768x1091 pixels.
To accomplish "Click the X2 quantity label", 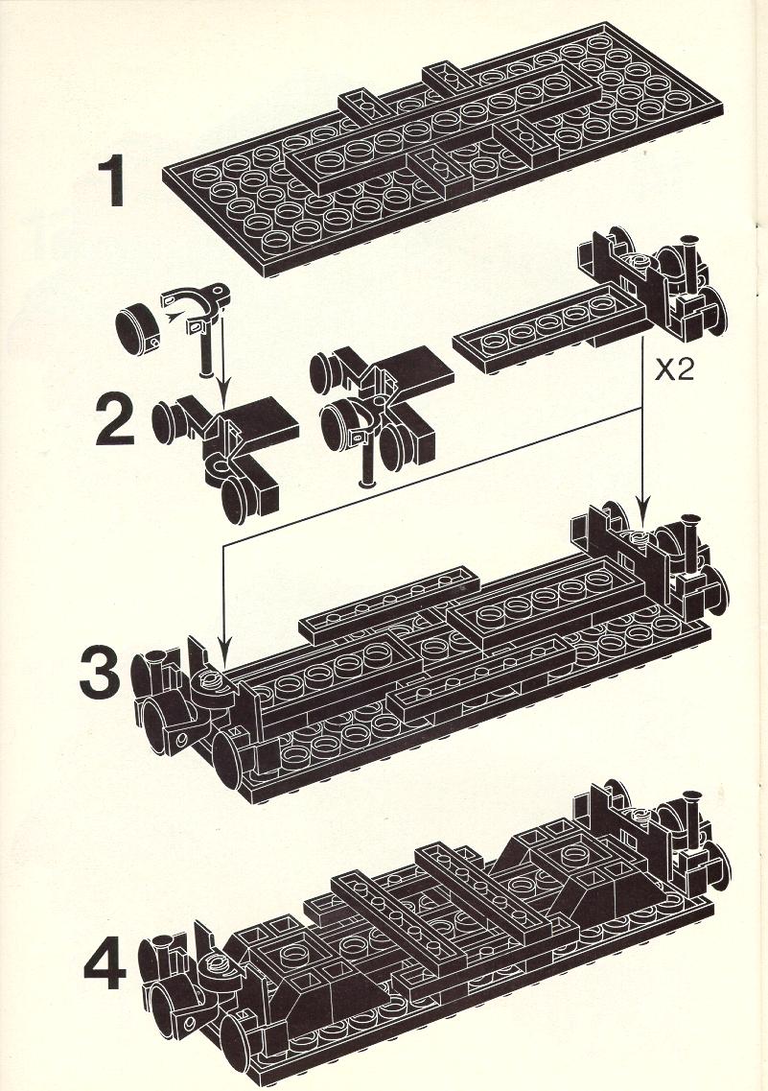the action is pyautogui.click(x=674, y=370).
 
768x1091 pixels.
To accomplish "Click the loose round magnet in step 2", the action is pyautogui.click(x=138, y=325).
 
